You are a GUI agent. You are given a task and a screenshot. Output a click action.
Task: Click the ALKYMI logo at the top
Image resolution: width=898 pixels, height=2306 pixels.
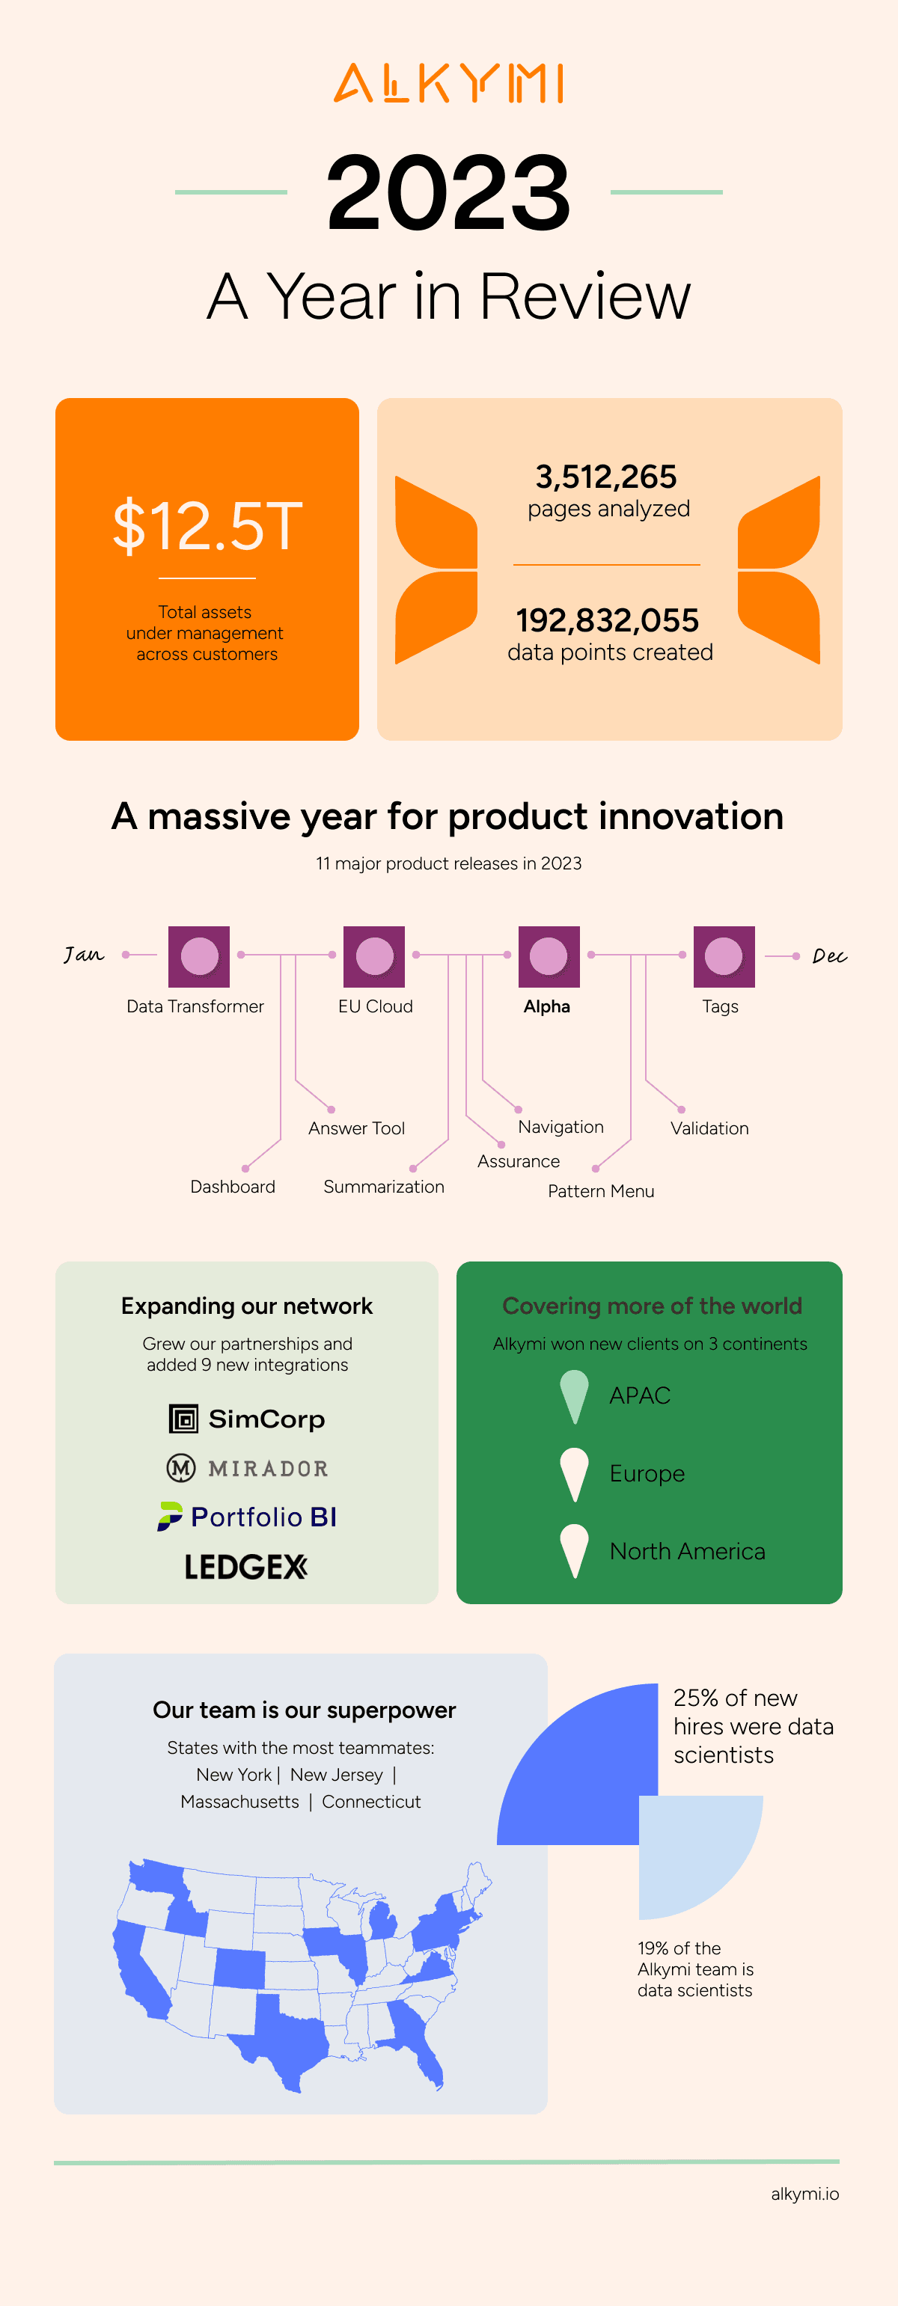tap(448, 83)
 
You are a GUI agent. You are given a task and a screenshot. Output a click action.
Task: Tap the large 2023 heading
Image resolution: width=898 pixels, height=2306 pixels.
tap(448, 192)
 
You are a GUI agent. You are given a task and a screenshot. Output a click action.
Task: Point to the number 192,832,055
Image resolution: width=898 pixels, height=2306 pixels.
tap(607, 620)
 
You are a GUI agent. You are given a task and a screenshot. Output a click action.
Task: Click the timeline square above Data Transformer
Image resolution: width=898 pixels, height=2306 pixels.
tap(199, 956)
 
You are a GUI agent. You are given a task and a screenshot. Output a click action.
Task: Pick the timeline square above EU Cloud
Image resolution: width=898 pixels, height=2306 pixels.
tap(374, 956)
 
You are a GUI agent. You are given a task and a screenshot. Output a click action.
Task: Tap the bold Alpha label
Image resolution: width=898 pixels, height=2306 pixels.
tap(546, 1006)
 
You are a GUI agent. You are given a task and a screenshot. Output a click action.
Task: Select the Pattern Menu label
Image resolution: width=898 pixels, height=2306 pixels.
tap(601, 1190)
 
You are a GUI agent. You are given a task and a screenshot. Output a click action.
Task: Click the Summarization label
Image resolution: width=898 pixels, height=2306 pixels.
tap(383, 1186)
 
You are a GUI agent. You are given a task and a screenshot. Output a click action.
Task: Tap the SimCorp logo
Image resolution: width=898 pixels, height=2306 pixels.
tap(247, 1419)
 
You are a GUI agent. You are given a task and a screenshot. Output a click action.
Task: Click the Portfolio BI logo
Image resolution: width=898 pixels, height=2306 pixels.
tap(247, 1517)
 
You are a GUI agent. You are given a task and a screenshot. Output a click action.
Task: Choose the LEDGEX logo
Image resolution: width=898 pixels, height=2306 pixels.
tap(246, 1567)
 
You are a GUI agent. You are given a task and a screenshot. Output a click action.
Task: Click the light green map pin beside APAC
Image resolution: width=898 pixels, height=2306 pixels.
tap(574, 1392)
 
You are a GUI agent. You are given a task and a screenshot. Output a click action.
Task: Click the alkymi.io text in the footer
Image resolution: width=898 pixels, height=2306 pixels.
tap(804, 2193)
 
